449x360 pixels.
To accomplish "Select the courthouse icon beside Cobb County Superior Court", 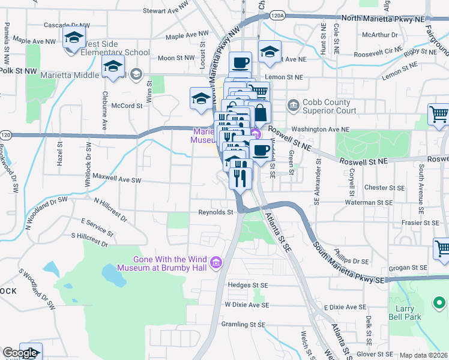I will (293, 106).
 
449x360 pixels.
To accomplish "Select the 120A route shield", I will (277, 14).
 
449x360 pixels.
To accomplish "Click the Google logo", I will (19, 353).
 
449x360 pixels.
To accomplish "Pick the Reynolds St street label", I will (215, 212).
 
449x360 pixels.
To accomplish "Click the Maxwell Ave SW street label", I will (117, 179).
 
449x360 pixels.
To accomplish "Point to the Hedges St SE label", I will (247, 285).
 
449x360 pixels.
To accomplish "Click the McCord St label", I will (127, 105).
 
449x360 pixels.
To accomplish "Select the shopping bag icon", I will (259, 112).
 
